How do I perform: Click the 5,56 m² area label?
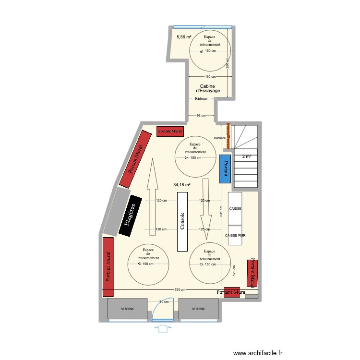coord(184,37)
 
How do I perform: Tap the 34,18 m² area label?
coord(182,184)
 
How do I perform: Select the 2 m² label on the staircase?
coord(246,156)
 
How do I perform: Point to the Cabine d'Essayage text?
coord(208,88)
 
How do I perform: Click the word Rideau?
coord(201,98)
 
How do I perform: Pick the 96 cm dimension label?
coord(201,116)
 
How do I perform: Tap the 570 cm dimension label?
coord(180,289)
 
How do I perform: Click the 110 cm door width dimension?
coord(163,302)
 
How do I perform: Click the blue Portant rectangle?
coord(224,168)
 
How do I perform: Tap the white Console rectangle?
coord(182,221)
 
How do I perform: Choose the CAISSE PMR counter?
coord(235,236)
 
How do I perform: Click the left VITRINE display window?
coord(127,310)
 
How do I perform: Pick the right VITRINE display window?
coord(199,310)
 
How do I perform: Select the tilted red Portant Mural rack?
coord(135,159)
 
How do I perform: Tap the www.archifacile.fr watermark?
coord(259,353)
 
